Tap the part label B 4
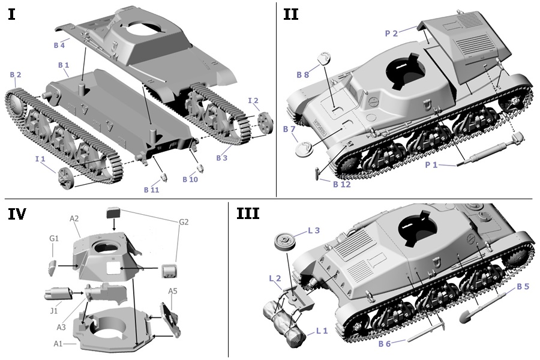(59, 45)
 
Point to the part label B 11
(151, 190)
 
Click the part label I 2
(253, 100)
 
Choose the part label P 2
(391, 34)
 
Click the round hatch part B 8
(323, 58)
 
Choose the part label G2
(184, 221)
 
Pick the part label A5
(172, 291)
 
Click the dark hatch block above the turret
(115, 212)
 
